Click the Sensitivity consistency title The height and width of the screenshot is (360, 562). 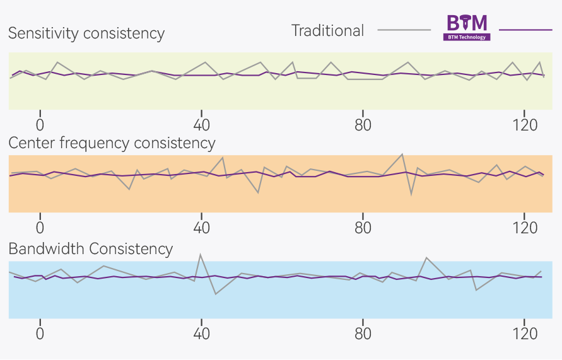(86, 33)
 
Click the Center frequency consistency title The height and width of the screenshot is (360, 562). (112, 144)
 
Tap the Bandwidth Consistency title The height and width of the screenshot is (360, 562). (90, 249)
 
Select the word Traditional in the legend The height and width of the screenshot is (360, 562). (327, 30)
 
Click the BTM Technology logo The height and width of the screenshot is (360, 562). (467, 28)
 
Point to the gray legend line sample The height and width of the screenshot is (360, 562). (404, 30)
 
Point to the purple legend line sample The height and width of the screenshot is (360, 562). (525, 30)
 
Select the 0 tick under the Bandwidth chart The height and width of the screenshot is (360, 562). (40, 333)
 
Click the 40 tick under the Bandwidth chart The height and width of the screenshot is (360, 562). (201, 333)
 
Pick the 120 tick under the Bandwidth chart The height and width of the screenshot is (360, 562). (524, 333)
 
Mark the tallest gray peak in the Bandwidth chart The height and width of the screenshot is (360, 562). (201, 254)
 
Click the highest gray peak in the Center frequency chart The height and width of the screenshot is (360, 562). (402, 154)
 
